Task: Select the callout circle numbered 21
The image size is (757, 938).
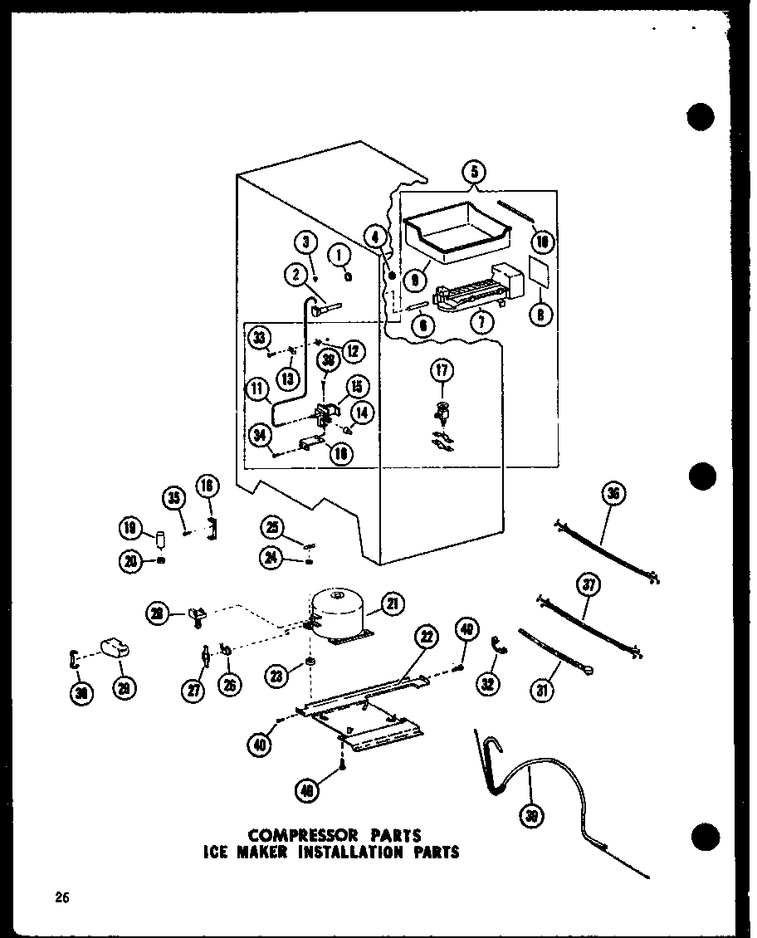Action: click(x=393, y=605)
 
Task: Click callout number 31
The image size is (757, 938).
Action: click(x=545, y=688)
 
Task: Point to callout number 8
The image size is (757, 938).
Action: click(x=540, y=315)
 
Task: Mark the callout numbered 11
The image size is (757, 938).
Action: click(x=259, y=387)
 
